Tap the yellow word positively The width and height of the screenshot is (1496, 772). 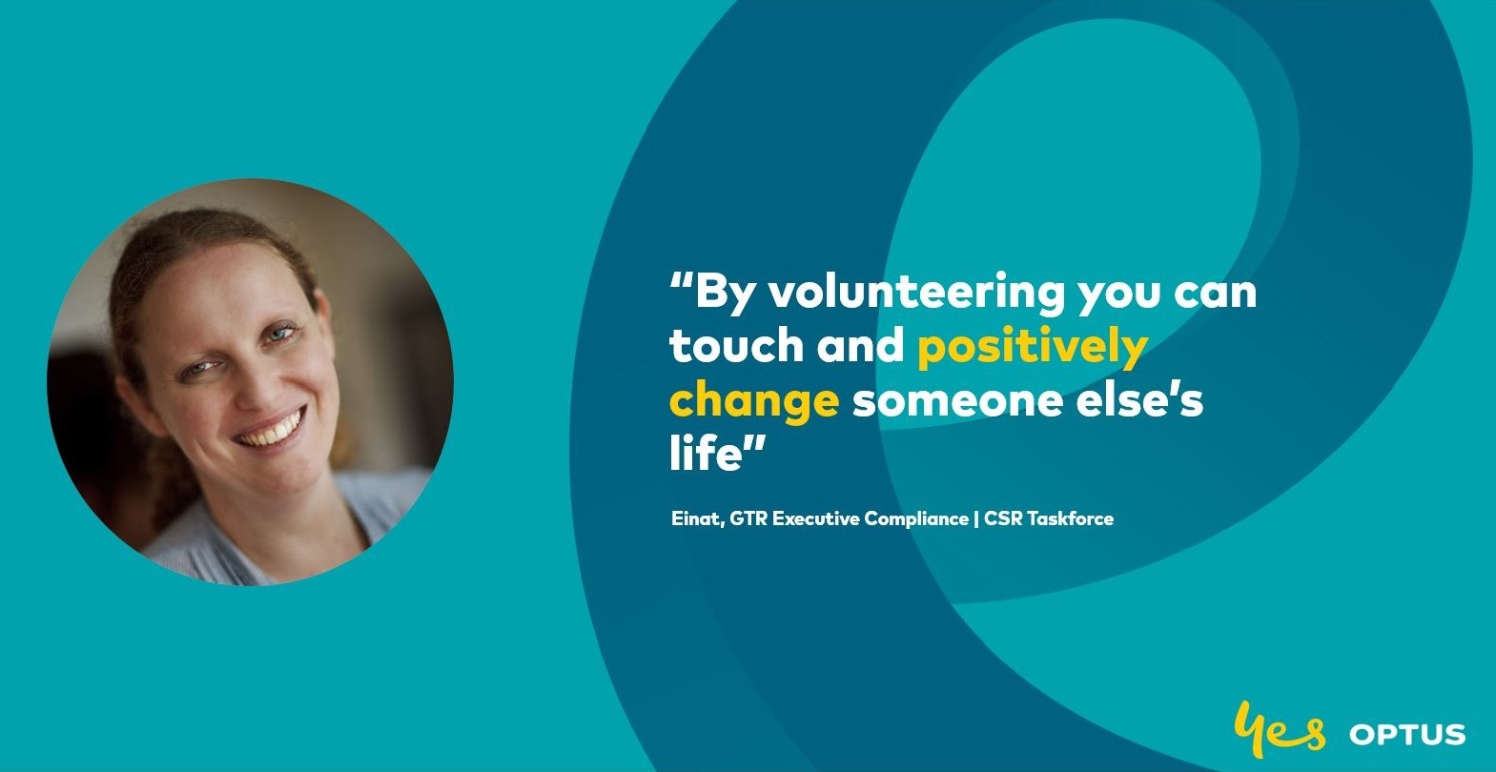pos(1033,348)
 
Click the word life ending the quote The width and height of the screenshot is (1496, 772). pos(706,453)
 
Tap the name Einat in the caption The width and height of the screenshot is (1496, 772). pos(695,518)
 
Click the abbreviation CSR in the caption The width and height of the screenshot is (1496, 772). pos(1003,518)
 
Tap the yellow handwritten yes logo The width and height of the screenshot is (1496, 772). pos(1279,729)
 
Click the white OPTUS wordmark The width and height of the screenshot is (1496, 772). pos(1407,735)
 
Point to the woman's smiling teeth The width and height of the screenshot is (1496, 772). pos(272,430)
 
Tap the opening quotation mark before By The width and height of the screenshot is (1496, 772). pos(680,280)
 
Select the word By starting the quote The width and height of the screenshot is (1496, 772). pos(724,294)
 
